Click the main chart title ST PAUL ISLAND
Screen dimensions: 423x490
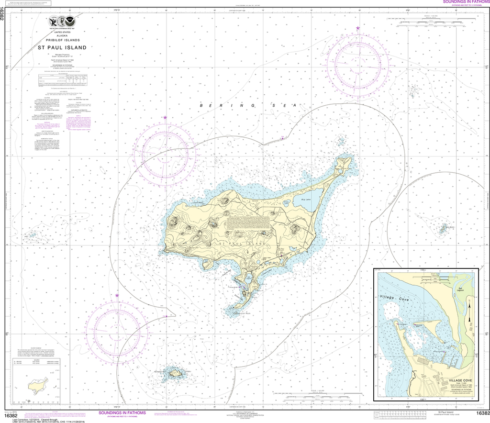(62, 47)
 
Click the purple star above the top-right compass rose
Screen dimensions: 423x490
(358, 29)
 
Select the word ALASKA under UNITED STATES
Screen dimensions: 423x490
(62, 36)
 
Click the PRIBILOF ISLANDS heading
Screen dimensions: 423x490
(62, 40)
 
